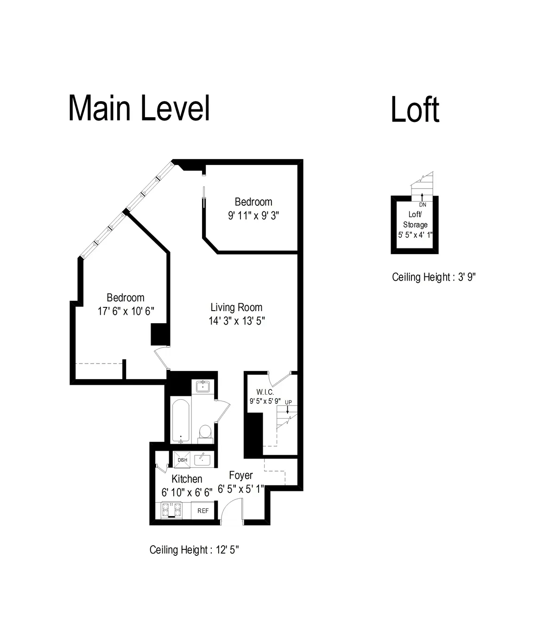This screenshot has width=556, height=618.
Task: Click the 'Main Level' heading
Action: click(x=139, y=108)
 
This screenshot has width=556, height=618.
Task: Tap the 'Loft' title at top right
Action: click(x=415, y=110)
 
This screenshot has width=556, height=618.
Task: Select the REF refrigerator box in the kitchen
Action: click(x=203, y=510)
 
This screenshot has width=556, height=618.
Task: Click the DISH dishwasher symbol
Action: click(x=183, y=459)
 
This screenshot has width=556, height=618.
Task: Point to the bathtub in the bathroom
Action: click(x=180, y=420)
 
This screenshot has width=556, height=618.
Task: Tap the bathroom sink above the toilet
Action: click(x=203, y=386)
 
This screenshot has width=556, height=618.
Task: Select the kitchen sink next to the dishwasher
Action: click(x=202, y=459)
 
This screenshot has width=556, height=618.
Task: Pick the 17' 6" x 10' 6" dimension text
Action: click(x=126, y=311)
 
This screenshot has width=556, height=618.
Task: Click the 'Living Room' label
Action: click(x=236, y=307)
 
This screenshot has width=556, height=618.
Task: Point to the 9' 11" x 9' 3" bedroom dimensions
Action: click(x=253, y=216)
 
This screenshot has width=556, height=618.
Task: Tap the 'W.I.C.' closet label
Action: click(x=265, y=392)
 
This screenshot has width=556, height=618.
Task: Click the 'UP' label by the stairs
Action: click(x=288, y=402)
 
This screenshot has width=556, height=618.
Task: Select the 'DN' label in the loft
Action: click(x=422, y=204)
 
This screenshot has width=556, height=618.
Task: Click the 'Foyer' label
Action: click(x=241, y=475)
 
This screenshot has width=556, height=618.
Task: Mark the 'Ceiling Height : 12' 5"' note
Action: click(x=194, y=550)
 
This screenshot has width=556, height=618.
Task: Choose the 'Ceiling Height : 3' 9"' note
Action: click(x=434, y=277)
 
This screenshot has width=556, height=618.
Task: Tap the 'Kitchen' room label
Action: click(x=187, y=479)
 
